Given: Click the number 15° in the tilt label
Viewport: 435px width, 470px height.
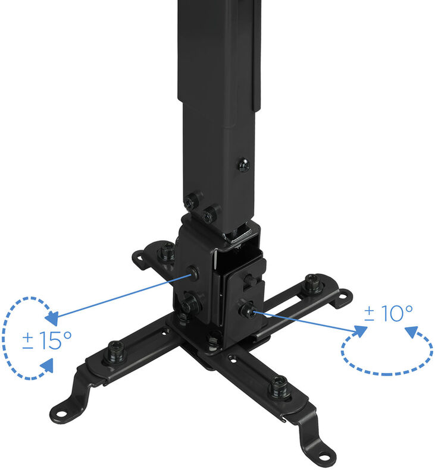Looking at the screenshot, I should coord(57,340).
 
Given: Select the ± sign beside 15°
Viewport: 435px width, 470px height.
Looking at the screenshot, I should coord(28,341).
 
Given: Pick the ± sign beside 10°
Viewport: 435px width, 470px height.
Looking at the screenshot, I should coord(370,314).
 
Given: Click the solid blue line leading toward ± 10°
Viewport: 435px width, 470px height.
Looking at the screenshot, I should coord(309,321).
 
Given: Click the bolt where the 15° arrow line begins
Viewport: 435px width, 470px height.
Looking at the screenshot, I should coord(194,273).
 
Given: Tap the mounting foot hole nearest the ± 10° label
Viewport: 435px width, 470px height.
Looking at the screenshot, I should coord(343,295).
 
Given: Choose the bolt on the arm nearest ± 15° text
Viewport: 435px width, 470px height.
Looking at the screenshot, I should coord(115,354).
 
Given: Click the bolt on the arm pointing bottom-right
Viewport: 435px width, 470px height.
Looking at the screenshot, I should coord(278,389).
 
